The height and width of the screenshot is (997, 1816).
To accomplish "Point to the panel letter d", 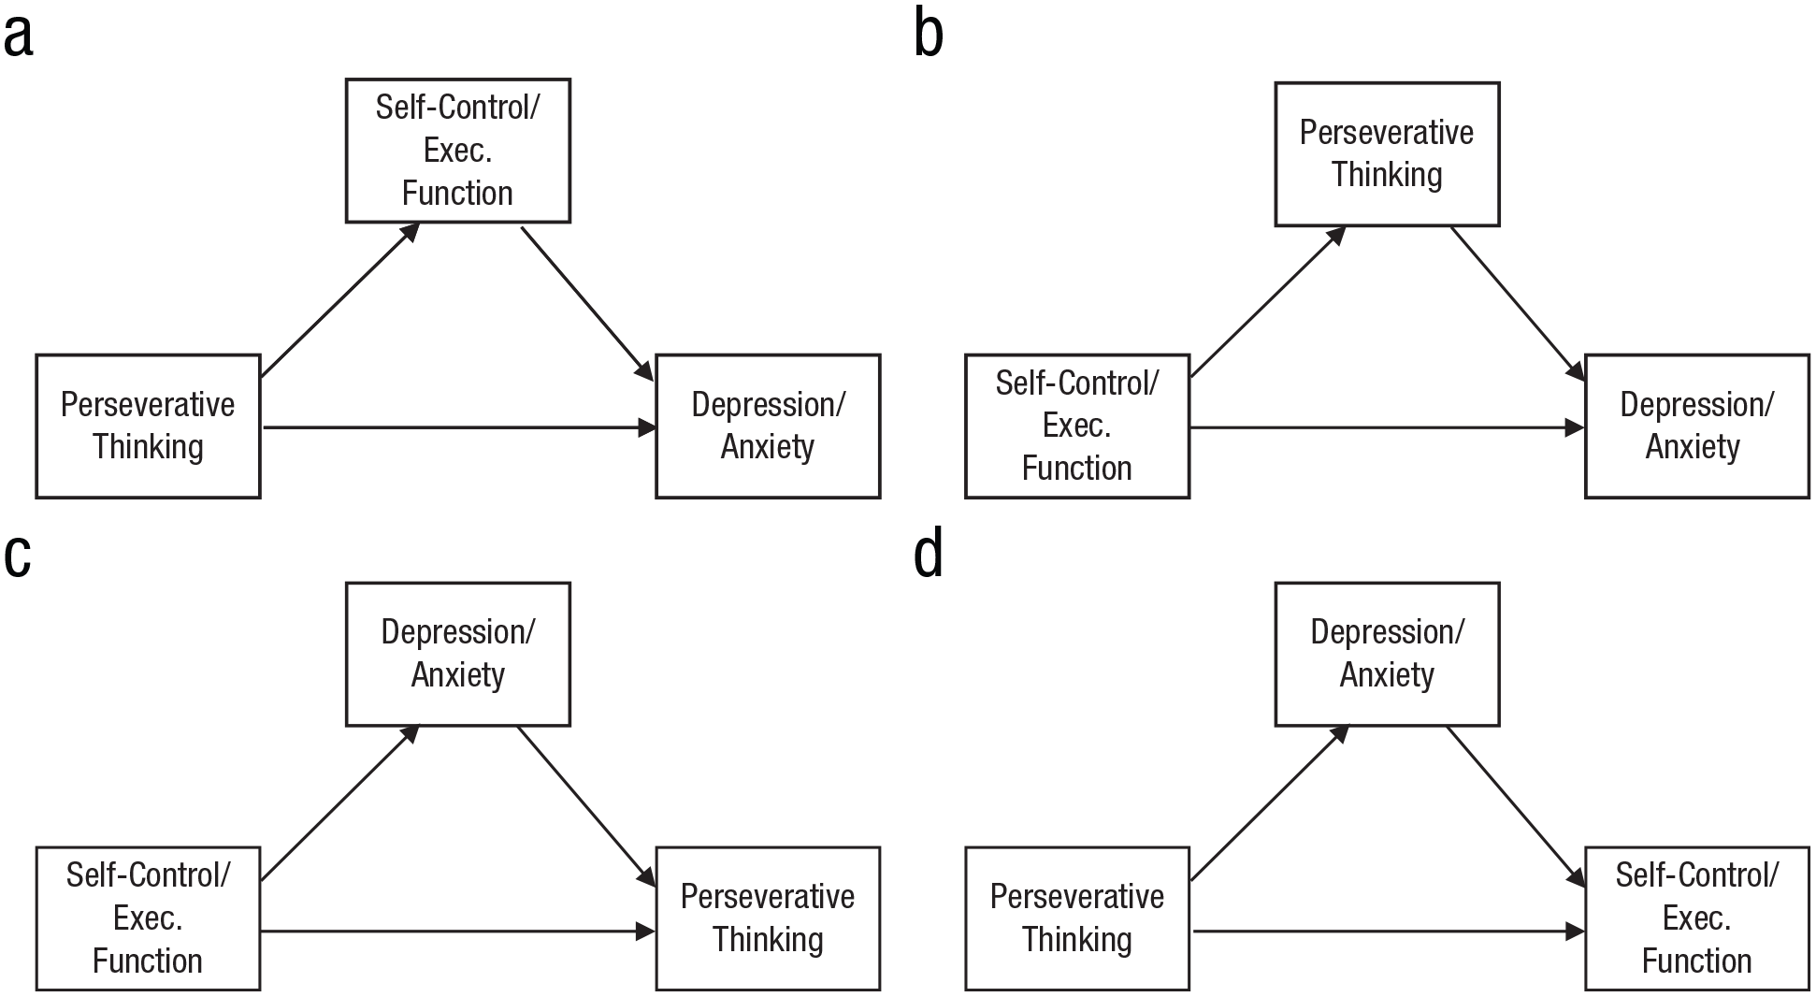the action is click(x=928, y=552).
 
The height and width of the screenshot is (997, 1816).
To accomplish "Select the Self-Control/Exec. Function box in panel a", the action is click(x=458, y=151).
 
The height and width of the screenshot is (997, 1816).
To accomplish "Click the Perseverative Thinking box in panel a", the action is click(x=148, y=426).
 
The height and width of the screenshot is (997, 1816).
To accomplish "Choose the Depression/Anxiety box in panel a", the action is click(x=768, y=426).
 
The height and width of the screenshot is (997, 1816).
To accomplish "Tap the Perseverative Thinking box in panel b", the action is click(x=1387, y=154).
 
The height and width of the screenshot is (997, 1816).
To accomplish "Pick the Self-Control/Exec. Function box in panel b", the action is click(x=1077, y=426).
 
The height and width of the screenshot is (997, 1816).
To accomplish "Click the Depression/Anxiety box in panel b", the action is click(x=1697, y=426).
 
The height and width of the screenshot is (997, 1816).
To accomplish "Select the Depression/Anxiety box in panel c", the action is click(x=458, y=654).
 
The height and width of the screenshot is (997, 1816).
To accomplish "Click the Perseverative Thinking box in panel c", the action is click(x=768, y=918).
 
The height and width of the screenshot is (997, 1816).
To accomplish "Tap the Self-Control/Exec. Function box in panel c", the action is click(x=148, y=918).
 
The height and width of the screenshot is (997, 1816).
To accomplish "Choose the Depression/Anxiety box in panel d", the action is click(x=1387, y=654).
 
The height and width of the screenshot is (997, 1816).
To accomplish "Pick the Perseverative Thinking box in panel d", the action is click(x=1077, y=918).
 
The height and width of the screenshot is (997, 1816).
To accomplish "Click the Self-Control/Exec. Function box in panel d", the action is click(x=1697, y=918).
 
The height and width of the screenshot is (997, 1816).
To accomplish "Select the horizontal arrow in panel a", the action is click(x=459, y=428).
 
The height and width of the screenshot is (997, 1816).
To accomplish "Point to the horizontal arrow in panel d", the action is click(x=1389, y=932).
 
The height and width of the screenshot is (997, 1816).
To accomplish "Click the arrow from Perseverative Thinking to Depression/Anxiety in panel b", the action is click(x=1519, y=305).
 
